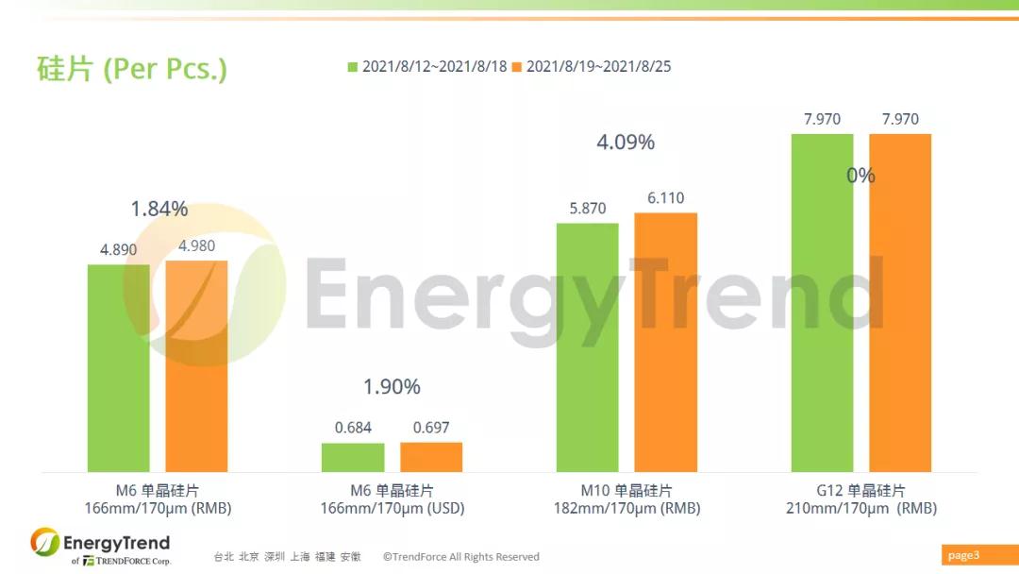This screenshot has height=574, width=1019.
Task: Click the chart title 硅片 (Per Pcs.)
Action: point(132,69)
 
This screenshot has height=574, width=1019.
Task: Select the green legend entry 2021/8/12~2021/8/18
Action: point(427,66)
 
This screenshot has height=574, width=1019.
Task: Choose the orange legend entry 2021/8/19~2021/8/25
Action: point(592,66)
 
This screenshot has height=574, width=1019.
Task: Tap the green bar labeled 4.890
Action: point(119,368)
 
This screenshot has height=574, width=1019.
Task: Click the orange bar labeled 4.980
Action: point(196,366)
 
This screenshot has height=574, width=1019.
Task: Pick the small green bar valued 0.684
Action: point(353,458)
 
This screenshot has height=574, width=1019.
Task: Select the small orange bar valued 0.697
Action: point(431,457)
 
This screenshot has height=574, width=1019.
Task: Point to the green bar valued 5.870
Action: point(587,347)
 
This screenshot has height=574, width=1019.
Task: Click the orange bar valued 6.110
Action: point(665,342)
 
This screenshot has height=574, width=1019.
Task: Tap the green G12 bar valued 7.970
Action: point(822,302)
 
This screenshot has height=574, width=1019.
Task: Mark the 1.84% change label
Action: point(159,210)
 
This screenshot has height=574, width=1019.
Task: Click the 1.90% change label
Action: point(392,386)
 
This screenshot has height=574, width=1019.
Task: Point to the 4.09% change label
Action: point(626,143)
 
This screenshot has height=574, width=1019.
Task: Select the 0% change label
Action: point(860,176)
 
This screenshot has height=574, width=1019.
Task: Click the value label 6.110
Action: point(665,198)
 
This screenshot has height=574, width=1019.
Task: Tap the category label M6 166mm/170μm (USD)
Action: point(392,499)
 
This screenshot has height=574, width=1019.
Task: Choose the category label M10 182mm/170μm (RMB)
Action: point(626,499)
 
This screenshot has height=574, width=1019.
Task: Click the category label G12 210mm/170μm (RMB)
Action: point(860,499)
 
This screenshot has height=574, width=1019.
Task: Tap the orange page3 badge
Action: point(963,555)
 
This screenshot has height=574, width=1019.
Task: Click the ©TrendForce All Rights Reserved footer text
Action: point(460,557)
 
